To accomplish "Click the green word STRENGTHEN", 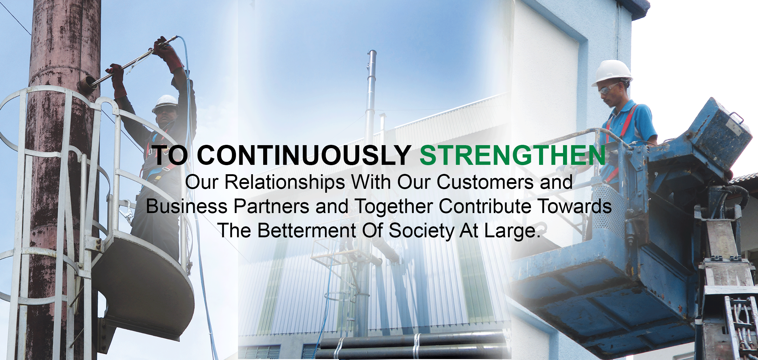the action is point(513,155).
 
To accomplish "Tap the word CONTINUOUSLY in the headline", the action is point(304,155).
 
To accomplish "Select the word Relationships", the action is point(285,182).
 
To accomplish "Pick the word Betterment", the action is point(307,231).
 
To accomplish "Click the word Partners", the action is point(271,206).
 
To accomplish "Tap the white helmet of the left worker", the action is point(165,103).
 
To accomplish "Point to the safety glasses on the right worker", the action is point(608,88).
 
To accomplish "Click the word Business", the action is point(187,206).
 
